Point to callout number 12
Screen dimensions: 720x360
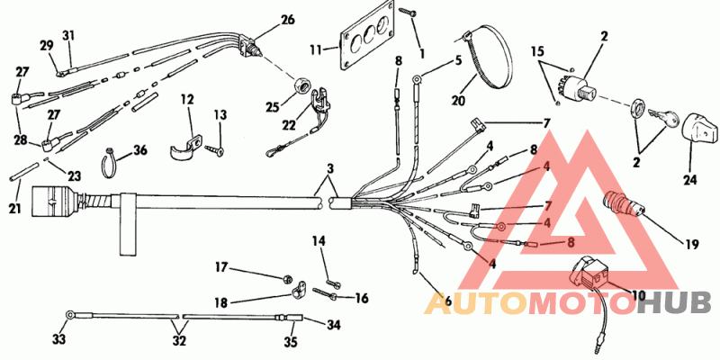click(x=186, y=98)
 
